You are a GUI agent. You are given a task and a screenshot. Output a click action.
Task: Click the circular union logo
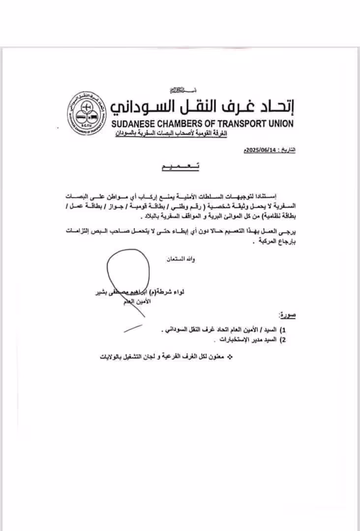tap(88, 113)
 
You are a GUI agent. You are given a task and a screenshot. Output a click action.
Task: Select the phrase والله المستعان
tap(181, 259)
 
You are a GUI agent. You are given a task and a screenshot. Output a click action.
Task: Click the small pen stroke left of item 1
tap(133, 328)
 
